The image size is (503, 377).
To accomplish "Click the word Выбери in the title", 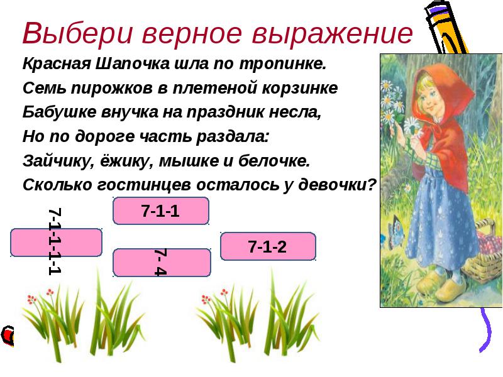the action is pos(77,34).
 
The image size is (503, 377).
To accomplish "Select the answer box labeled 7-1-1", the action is pos(161,210).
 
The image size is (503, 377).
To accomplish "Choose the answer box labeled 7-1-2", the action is pos(268,246).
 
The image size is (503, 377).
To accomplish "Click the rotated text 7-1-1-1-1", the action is pos(55,241).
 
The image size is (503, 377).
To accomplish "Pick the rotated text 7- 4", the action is pos(160,262).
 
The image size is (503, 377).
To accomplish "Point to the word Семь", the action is pos(44,88).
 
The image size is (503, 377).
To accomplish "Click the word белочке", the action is pos(274,161).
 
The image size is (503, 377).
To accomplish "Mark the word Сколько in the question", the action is pos(57,185).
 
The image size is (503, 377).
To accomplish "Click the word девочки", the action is pos(337,185).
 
